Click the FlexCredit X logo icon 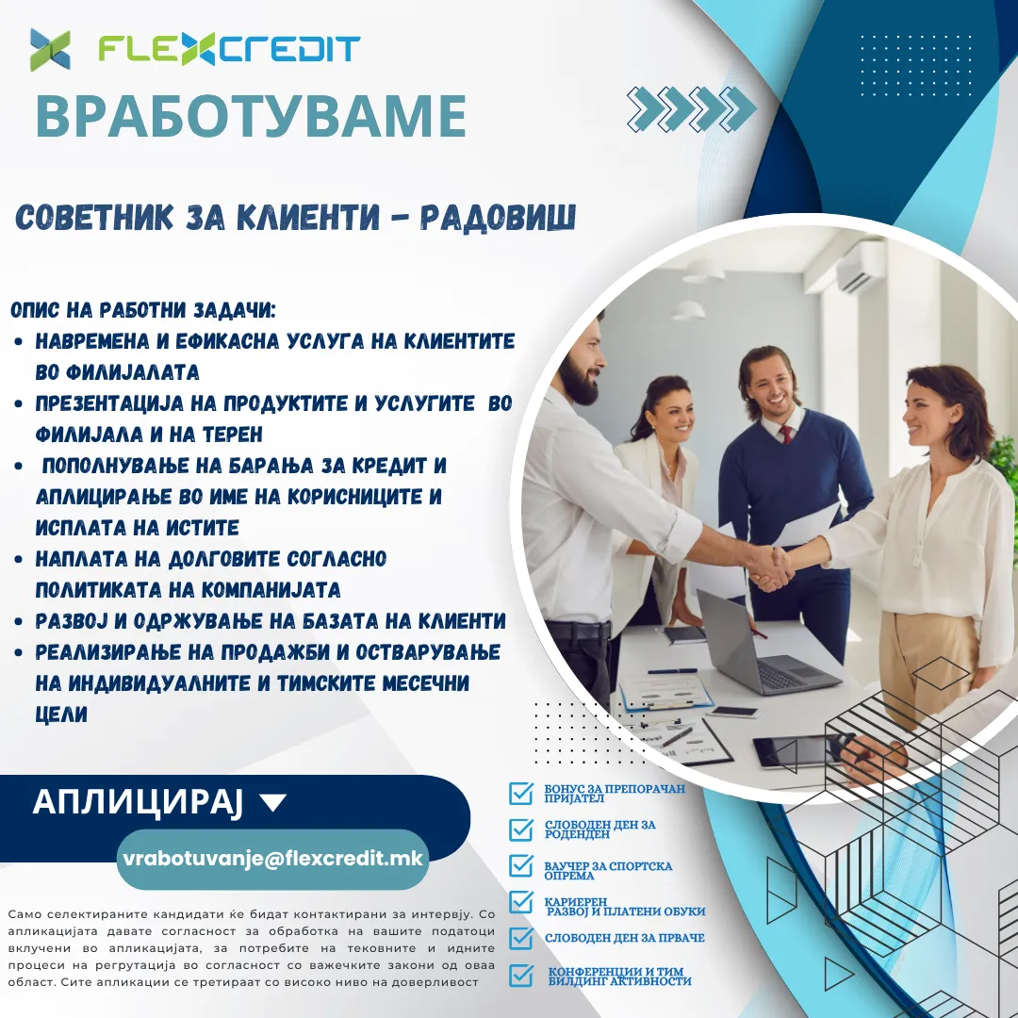pyautogui.click(x=50, y=49)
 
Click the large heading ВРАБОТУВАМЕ pyautogui.click(x=252, y=116)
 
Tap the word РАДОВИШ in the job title pyautogui.click(x=498, y=217)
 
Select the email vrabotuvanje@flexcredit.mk pyautogui.click(x=272, y=859)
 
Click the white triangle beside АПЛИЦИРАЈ pyautogui.click(x=272, y=802)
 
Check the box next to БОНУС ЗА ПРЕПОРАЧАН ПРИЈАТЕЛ pyautogui.click(x=520, y=793)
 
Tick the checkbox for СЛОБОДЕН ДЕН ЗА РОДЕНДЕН pyautogui.click(x=520, y=829)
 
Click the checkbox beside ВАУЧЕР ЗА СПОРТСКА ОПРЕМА pyautogui.click(x=520, y=865)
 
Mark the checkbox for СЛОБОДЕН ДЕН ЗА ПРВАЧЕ pyautogui.click(x=520, y=938)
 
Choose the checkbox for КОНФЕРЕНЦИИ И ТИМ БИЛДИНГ pyautogui.click(x=520, y=976)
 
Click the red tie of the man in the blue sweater pyautogui.click(x=786, y=435)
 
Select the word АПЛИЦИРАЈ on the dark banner pyautogui.click(x=138, y=802)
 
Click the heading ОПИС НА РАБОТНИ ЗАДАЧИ pyautogui.click(x=143, y=310)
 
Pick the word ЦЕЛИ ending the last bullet pyautogui.click(x=61, y=714)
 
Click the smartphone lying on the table pyautogui.click(x=732, y=713)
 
